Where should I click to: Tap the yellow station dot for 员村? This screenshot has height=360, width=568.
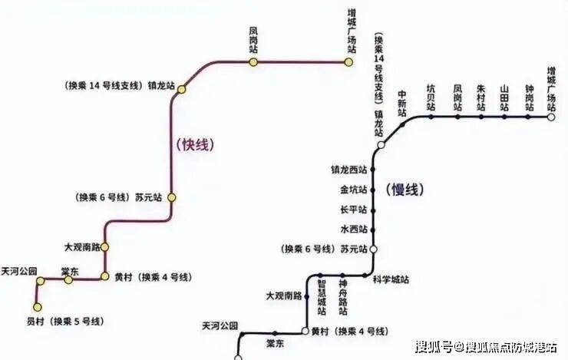point(39,303)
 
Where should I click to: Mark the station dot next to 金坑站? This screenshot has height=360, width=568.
point(373,190)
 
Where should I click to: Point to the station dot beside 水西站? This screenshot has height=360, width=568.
point(373,229)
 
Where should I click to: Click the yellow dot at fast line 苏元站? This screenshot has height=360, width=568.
point(173,197)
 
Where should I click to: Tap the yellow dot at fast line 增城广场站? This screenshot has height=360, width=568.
point(348,62)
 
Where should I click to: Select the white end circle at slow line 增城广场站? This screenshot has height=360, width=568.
point(551,117)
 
